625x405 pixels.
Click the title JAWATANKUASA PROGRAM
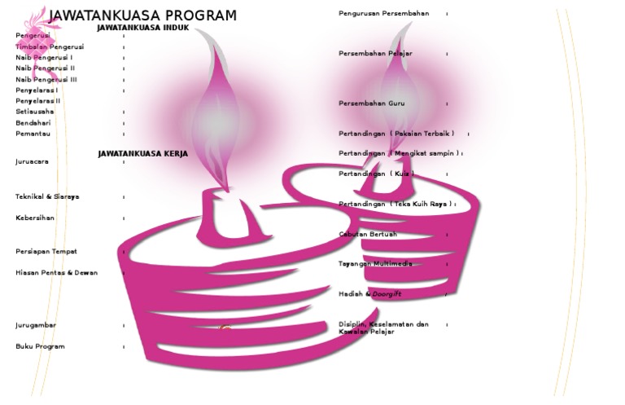click(x=142, y=15)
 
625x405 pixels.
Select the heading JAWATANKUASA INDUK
click(x=142, y=28)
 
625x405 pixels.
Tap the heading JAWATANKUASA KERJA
click(x=142, y=153)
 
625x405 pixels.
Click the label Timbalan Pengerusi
click(x=50, y=47)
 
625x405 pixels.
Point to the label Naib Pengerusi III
click(x=46, y=80)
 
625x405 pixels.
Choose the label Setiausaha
click(x=35, y=112)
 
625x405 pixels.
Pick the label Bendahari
click(x=33, y=123)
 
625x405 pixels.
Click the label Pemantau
click(x=33, y=134)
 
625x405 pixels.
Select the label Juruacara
click(x=32, y=161)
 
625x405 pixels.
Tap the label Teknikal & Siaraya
click(x=47, y=197)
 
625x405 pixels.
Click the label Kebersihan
click(x=35, y=218)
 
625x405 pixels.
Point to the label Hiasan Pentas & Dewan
click(x=56, y=273)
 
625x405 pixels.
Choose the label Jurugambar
click(x=36, y=325)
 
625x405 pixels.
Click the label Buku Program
click(x=40, y=346)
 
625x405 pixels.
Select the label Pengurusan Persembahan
click(x=383, y=14)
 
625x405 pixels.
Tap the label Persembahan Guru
click(x=371, y=103)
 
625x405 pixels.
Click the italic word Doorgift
click(x=387, y=293)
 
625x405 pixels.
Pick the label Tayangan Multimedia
click(x=375, y=264)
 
